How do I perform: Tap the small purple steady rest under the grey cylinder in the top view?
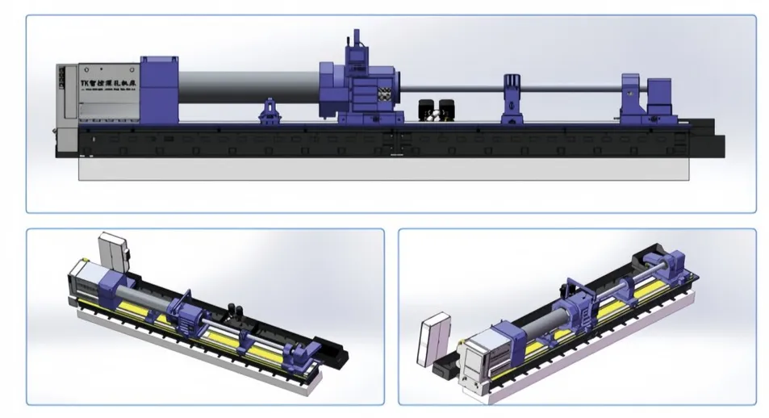point(270,113)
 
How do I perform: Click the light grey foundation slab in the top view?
point(383,168)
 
